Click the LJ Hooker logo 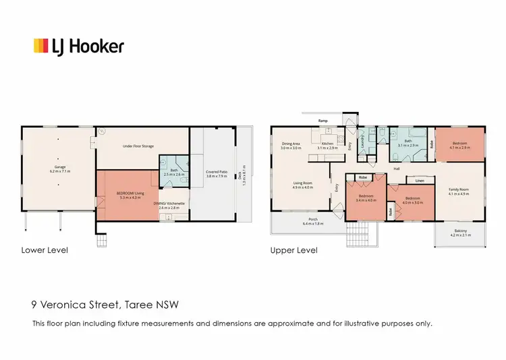click(x=79, y=46)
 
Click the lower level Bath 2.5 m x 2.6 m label click(x=174, y=172)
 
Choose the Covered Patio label click(x=216, y=175)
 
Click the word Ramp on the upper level click(x=323, y=121)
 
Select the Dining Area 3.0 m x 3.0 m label click(x=295, y=145)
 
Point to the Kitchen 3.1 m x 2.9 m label click(x=328, y=145)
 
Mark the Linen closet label click(x=419, y=181)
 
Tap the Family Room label click(x=459, y=191)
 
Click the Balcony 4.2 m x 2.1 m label click(x=459, y=235)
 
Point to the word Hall click(x=397, y=168)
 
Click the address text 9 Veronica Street click(x=74, y=305)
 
